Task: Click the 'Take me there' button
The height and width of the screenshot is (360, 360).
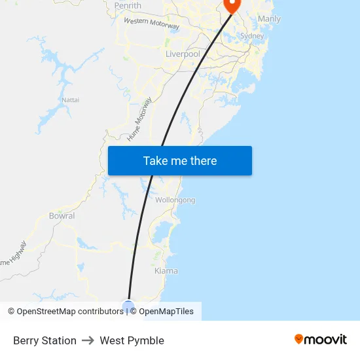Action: [x=179, y=161]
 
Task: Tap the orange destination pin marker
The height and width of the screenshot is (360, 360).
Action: [x=232, y=5]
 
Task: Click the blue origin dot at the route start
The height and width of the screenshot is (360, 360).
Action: [x=128, y=306]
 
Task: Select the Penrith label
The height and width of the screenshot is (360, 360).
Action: [x=128, y=6]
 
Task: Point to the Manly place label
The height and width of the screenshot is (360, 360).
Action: [x=269, y=19]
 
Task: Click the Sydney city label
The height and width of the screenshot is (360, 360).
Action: [x=252, y=36]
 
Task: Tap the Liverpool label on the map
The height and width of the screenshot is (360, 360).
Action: [x=183, y=54]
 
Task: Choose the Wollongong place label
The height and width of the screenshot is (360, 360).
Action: [x=175, y=200]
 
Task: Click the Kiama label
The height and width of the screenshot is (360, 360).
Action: [x=166, y=270]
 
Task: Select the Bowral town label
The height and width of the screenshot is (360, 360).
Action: [x=62, y=216]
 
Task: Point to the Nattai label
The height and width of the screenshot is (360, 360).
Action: [x=71, y=99]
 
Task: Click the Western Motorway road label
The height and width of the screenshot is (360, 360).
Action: [x=151, y=24]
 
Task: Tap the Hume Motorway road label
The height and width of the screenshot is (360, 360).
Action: [x=139, y=119]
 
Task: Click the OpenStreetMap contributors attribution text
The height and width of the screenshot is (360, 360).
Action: [x=69, y=312]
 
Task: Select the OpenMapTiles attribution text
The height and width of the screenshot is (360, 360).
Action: [x=166, y=312]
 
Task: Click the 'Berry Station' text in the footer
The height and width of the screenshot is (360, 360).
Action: [x=45, y=340]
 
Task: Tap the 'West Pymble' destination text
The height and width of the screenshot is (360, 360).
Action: [x=132, y=340]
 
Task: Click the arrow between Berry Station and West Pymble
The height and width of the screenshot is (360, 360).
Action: [x=88, y=340]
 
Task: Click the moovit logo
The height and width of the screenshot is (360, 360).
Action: [x=321, y=340]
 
